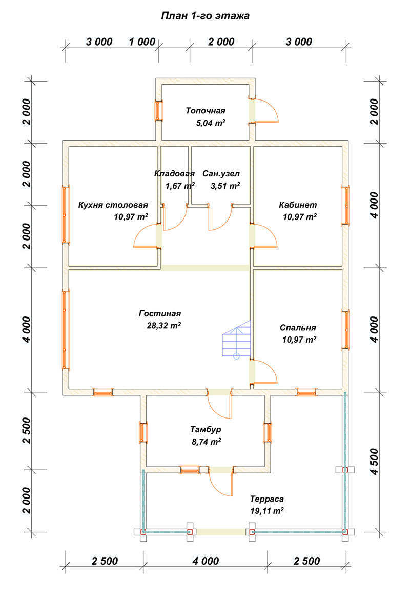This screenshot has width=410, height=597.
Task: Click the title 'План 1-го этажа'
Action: [x=205, y=16]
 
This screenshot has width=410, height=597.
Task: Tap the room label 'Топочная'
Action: [x=205, y=110]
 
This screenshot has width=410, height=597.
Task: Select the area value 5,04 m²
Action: [x=211, y=123]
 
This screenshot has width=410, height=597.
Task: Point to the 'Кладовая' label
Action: [x=174, y=173]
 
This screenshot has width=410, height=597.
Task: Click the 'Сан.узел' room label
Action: [x=221, y=173]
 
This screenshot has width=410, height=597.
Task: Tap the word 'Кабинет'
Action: [x=298, y=205]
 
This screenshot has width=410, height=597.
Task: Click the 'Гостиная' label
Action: [x=160, y=313]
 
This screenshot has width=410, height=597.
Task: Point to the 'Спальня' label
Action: [x=298, y=328]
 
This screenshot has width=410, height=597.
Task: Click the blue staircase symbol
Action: [x=236, y=341]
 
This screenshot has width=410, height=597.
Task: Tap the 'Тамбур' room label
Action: [x=205, y=429]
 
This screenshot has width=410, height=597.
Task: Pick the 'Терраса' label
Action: [x=266, y=499]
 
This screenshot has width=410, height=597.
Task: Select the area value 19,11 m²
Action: [x=267, y=511]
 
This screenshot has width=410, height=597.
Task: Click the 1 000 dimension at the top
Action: [x=142, y=42]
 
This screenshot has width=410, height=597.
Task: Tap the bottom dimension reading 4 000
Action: [x=205, y=561]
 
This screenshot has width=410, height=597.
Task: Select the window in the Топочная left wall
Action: [x=159, y=110]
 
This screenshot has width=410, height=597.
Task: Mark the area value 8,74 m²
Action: [x=205, y=441]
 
